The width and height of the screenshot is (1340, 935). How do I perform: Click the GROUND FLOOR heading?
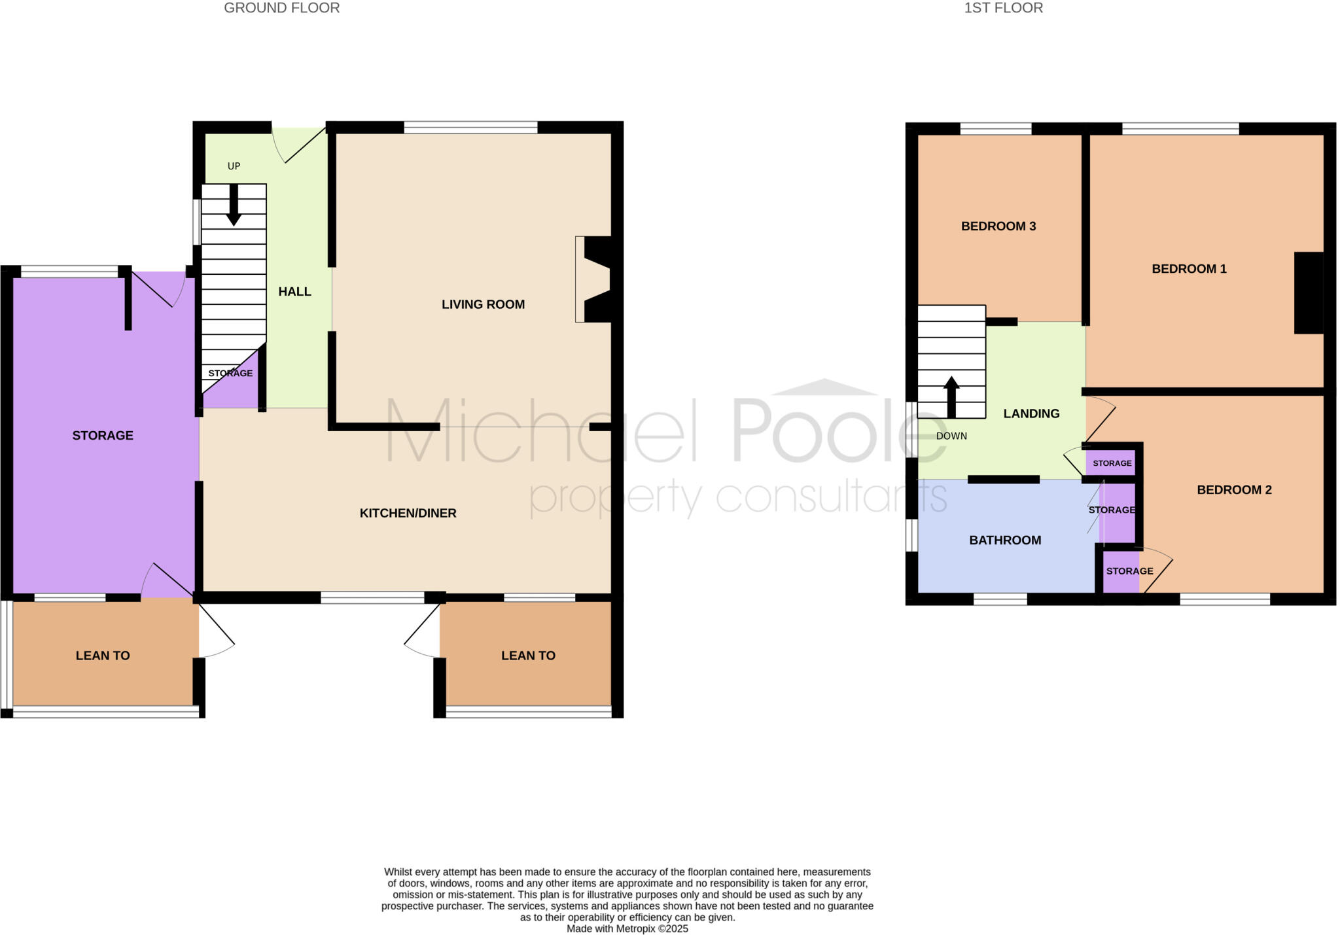tap(281, 8)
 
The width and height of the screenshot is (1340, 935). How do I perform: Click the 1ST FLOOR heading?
tap(1003, 8)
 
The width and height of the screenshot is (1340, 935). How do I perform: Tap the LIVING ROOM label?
tap(483, 304)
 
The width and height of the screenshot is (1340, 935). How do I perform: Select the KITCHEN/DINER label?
tap(408, 514)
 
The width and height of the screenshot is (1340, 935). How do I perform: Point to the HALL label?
tap(294, 292)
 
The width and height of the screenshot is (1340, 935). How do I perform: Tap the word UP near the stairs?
tap(234, 166)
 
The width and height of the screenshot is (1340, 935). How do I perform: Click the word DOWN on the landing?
tap(951, 436)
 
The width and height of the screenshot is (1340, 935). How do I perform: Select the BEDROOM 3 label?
tap(998, 226)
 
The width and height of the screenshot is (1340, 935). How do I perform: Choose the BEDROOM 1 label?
tap(1189, 269)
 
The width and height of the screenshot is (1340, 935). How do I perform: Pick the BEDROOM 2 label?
tap(1234, 490)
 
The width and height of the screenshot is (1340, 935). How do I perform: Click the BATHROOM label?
tap(1005, 540)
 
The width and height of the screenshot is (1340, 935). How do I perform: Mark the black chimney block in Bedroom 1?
tap(1309, 292)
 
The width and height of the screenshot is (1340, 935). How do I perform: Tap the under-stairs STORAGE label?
tap(230, 374)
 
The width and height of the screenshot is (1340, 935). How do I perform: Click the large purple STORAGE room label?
tap(103, 436)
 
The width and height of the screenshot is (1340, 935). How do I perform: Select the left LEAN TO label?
tap(103, 656)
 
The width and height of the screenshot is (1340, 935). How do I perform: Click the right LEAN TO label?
tap(528, 656)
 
